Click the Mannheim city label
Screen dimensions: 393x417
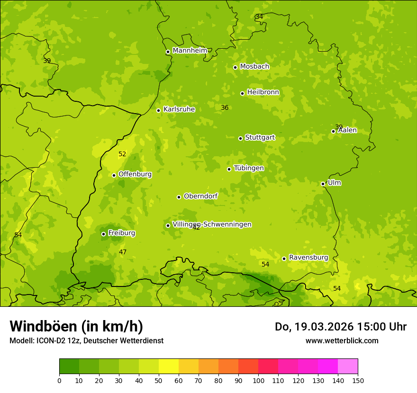coord(190,51)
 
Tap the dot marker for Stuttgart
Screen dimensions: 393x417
coord(240,138)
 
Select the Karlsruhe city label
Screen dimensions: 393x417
coord(179,109)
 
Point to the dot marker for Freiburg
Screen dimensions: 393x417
coord(103,234)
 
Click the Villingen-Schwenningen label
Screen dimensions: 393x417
coord(212,224)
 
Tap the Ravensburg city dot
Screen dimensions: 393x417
coord(284,259)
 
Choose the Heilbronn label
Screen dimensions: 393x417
coord(263,92)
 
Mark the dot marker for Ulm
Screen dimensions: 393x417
coord(323,184)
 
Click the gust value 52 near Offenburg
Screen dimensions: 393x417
coord(122,154)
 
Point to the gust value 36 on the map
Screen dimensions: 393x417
coord(225,107)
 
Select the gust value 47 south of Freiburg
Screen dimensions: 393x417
coord(123,252)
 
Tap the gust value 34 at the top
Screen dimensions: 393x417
coord(259,17)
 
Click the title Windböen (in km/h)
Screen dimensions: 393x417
coord(76,326)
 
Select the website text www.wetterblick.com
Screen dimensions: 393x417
coord(342,340)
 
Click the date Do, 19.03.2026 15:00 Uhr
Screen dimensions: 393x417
coord(341,327)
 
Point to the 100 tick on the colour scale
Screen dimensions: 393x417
coord(258,380)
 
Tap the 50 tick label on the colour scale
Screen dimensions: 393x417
coord(159,380)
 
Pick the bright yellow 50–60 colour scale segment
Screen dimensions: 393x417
coord(169,366)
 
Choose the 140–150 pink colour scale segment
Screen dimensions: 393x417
coord(348,366)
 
